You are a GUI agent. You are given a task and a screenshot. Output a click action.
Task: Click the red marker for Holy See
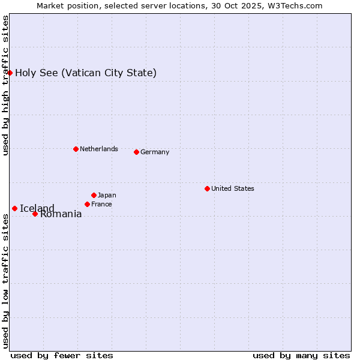10,73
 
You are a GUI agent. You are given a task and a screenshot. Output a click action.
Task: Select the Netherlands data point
76,149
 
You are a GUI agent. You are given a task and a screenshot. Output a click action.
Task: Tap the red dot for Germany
136,152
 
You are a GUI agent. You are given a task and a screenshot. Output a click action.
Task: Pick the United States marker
207,188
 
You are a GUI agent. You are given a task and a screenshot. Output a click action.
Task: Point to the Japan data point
94,195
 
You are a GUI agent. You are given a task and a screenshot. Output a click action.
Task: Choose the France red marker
87,204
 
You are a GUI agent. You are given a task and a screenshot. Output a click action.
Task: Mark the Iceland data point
14,208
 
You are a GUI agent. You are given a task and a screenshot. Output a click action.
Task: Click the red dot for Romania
35,214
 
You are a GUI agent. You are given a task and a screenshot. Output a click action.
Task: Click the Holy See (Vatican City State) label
86,73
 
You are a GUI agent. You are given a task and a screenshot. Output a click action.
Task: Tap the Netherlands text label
99,149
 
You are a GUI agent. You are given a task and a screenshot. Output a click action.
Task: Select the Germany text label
155,152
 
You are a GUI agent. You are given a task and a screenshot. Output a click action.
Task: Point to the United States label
233,188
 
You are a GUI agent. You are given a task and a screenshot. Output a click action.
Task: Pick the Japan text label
107,195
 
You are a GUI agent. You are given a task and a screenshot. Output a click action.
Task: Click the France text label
101,204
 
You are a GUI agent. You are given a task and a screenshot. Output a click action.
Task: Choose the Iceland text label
37,209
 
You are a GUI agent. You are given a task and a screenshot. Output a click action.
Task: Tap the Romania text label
61,214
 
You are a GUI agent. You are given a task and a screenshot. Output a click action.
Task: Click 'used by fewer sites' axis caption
62,355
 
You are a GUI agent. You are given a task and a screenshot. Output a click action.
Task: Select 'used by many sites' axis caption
301,355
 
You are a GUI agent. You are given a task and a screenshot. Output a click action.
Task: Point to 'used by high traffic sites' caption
6,85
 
